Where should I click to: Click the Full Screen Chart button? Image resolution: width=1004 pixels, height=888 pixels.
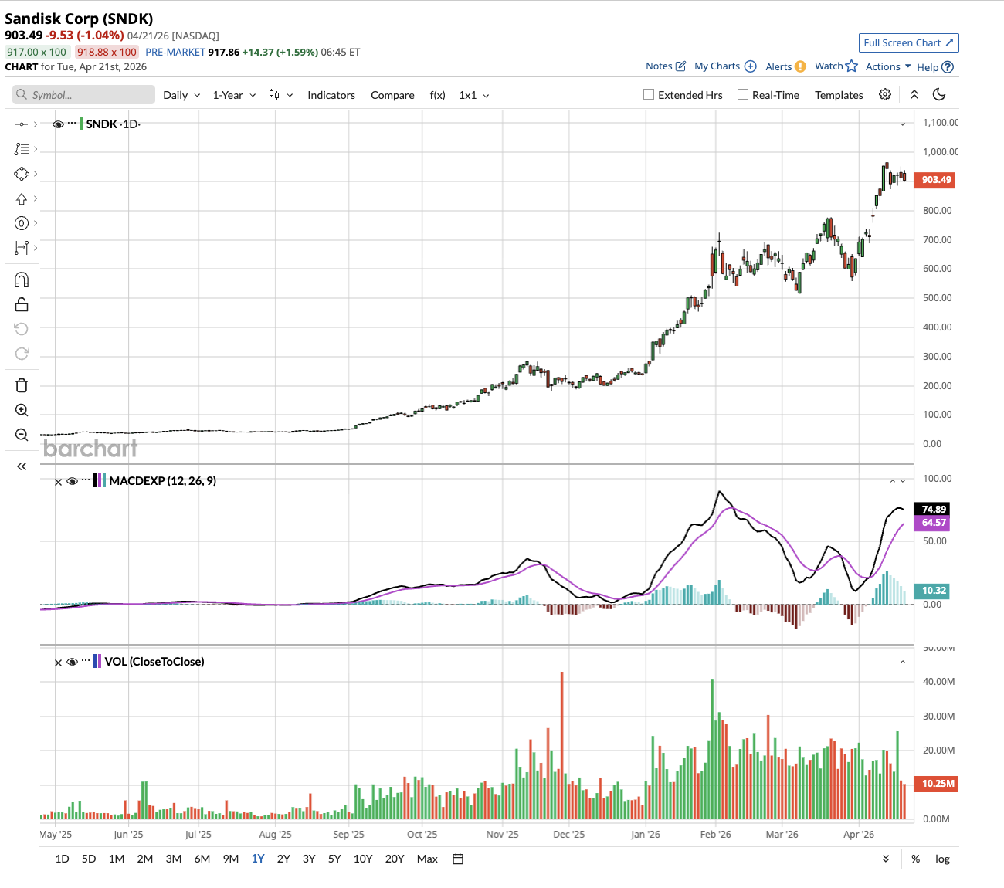pyautogui.click(x=908, y=43)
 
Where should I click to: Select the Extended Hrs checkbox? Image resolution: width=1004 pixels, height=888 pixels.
pyautogui.click(x=649, y=95)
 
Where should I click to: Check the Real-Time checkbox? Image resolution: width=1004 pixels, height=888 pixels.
pyautogui.click(x=743, y=95)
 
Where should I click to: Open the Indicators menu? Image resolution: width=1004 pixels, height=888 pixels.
pyautogui.click(x=331, y=95)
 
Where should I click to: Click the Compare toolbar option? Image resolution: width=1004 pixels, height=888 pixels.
pyautogui.click(x=392, y=95)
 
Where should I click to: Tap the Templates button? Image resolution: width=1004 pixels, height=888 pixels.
pyautogui.click(x=839, y=95)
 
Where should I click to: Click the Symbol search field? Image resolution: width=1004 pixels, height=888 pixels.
pyautogui.click(x=84, y=95)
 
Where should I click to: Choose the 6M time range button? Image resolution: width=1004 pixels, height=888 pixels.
pyautogui.click(x=202, y=859)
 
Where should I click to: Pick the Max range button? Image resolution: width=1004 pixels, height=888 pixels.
pyautogui.click(x=427, y=859)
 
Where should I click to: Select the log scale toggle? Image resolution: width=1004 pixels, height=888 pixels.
pyautogui.click(x=942, y=859)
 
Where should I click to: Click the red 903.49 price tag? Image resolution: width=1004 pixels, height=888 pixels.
pyautogui.click(x=936, y=180)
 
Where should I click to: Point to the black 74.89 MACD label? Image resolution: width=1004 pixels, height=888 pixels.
pyautogui.click(x=934, y=509)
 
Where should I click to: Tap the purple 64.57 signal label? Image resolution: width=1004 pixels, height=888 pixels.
pyautogui.click(x=934, y=523)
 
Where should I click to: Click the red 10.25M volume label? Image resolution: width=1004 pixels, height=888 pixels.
pyautogui.click(x=938, y=784)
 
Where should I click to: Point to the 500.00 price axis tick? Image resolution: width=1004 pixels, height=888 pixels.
pyautogui.click(x=937, y=298)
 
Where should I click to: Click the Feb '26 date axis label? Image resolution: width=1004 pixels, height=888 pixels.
pyautogui.click(x=715, y=835)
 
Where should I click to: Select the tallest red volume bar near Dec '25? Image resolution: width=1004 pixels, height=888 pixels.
pyautogui.click(x=561, y=745)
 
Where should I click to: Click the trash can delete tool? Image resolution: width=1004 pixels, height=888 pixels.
pyautogui.click(x=22, y=385)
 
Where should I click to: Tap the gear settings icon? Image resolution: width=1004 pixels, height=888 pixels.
pyautogui.click(x=885, y=94)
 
